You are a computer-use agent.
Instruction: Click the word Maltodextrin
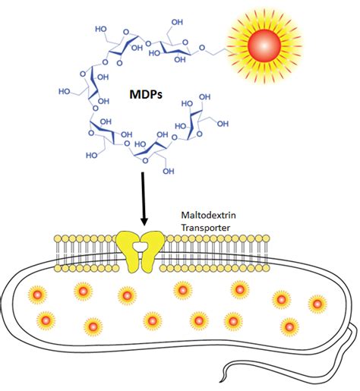[204, 216]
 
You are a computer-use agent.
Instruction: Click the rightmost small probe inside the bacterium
[317, 303]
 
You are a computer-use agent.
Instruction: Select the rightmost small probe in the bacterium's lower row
[289, 326]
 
